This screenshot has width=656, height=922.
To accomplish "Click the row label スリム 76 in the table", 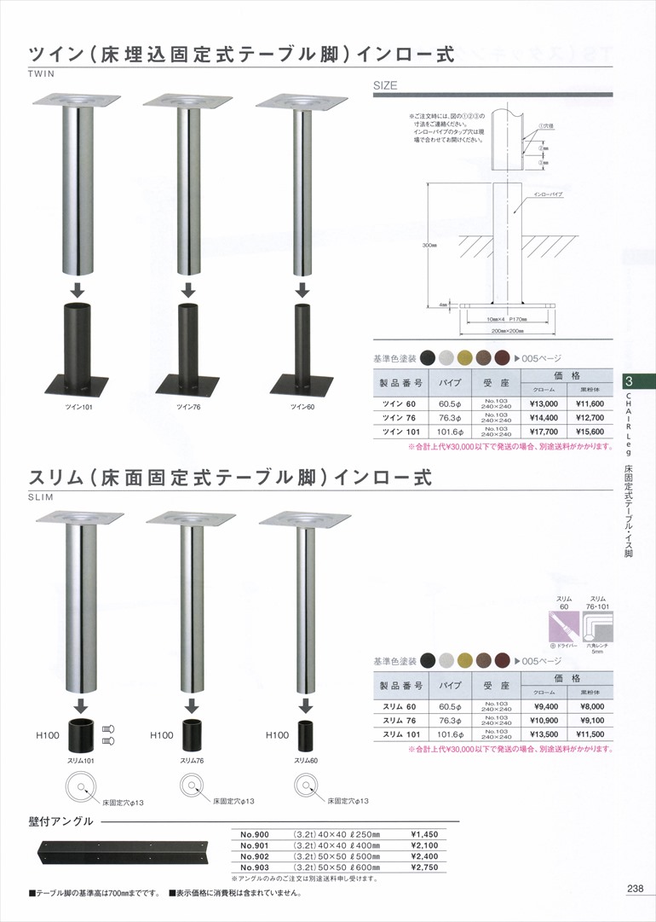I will tap(399, 721).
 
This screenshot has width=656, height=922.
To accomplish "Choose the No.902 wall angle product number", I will tap(256, 855).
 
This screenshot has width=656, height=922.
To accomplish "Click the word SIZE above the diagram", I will tap(386, 86).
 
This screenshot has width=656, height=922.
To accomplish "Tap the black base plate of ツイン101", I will tap(78, 385).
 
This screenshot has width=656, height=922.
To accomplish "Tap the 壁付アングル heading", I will tap(59, 822).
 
